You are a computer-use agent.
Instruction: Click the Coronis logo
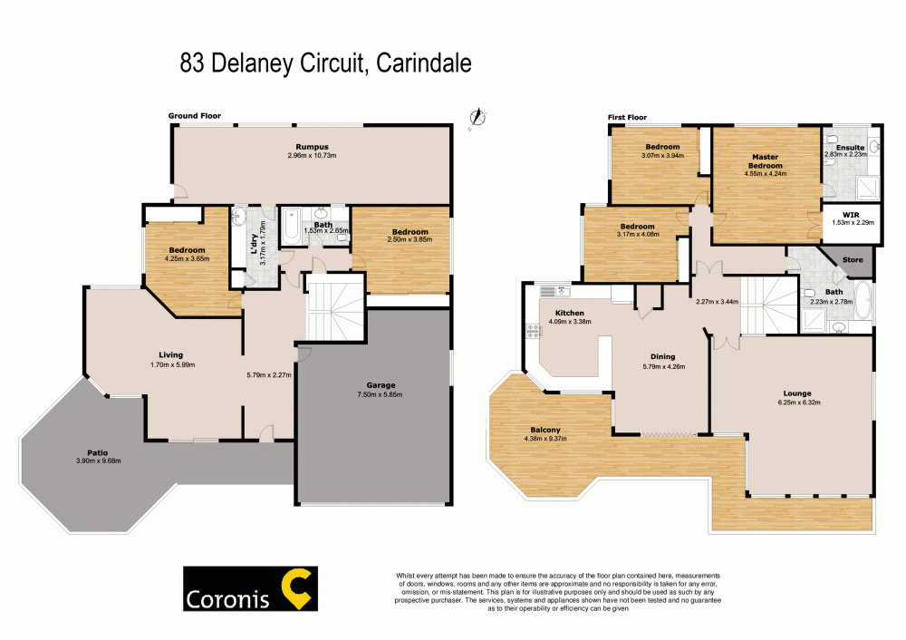click(x=248, y=590)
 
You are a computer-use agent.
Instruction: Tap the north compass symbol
click(x=477, y=117)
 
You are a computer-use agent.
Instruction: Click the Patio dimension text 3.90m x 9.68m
click(x=99, y=461)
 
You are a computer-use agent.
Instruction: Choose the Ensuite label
click(x=850, y=146)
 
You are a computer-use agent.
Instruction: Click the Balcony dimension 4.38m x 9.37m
click(x=545, y=440)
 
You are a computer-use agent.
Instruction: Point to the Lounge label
click(x=797, y=393)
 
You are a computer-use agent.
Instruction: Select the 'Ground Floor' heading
click(x=194, y=116)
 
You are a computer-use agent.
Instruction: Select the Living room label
click(x=170, y=354)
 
